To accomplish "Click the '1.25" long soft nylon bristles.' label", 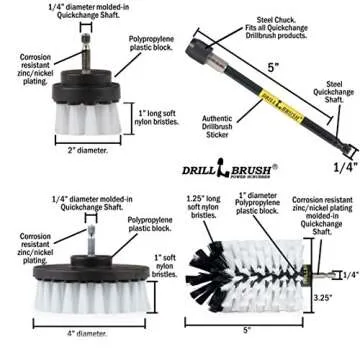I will click(x=200, y=205).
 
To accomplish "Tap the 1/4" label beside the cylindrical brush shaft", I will click(x=349, y=274).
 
